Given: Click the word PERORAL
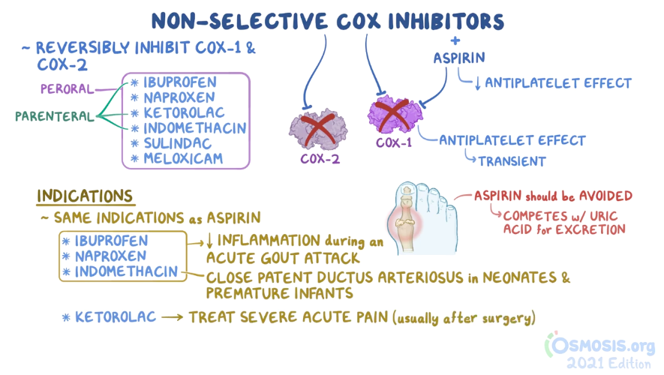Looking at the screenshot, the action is (x=67, y=89).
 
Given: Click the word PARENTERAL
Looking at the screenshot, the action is (x=55, y=116).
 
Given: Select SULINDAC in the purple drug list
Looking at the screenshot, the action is (x=177, y=143).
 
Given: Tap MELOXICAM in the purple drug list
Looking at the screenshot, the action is (x=183, y=159).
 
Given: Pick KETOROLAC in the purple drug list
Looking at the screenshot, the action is (x=185, y=113).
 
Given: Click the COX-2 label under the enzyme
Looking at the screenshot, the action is (x=320, y=159).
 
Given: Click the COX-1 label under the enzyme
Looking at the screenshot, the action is (x=394, y=142).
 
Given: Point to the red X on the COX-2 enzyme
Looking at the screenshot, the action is (x=318, y=130).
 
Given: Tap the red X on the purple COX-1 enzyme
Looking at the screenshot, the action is (x=392, y=114).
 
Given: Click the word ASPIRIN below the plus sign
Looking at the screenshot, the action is (x=459, y=58).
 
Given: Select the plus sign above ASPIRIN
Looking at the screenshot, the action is (x=455, y=40).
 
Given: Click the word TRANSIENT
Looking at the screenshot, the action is (x=512, y=161).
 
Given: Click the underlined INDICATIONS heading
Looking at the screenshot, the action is (x=85, y=196).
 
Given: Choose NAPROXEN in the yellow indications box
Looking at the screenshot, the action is (x=110, y=256).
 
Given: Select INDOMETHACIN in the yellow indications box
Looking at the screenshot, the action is (x=126, y=271).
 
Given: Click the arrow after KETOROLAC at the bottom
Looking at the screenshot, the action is (x=173, y=317).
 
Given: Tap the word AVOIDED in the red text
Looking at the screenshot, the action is (x=605, y=196).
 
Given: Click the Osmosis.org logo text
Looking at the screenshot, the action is (x=600, y=346).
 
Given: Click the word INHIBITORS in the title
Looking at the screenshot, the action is (x=446, y=21).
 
